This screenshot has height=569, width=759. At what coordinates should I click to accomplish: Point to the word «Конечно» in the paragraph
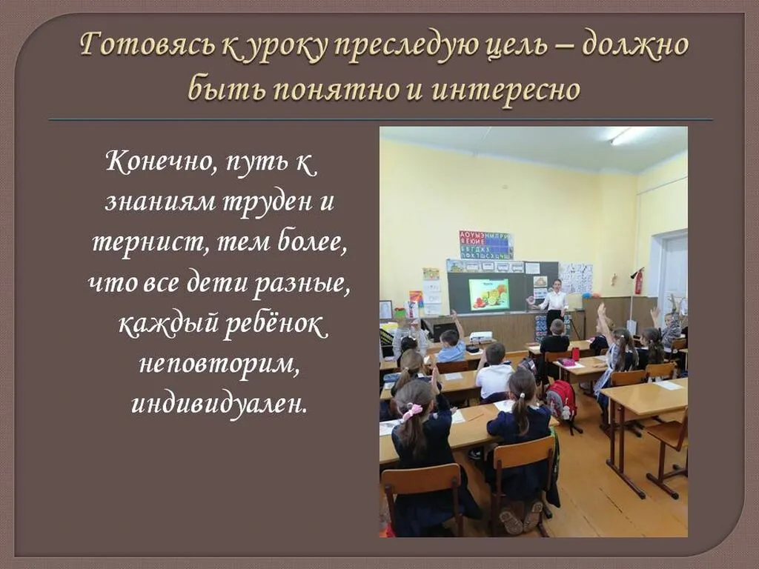click(x=156, y=161)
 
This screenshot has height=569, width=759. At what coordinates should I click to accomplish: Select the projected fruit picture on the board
click(x=488, y=293)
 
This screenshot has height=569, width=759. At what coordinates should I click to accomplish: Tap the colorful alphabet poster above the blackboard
click(x=485, y=244)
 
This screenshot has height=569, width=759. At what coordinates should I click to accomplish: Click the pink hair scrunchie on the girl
click(x=411, y=410)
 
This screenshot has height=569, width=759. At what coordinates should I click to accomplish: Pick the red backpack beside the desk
click(x=562, y=400)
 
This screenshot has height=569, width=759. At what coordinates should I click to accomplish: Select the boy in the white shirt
click(x=494, y=374)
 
